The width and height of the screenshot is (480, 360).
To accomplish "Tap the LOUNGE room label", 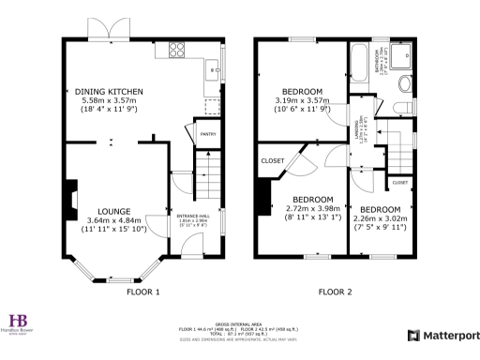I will pyautogui.click(x=112, y=211).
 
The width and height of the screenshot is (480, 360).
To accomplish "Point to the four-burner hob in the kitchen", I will pyautogui.click(x=176, y=51).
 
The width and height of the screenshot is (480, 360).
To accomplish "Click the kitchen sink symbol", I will pyautogui.click(x=214, y=67).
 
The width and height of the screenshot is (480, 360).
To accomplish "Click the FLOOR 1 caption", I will pyautogui.click(x=143, y=292).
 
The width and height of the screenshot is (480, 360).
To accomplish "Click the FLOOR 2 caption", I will pyautogui.click(x=335, y=292).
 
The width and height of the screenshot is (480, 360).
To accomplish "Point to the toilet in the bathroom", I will pyautogui.click(x=403, y=86).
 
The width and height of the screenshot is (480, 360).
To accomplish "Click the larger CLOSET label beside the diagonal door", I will pyautogui.click(x=272, y=159).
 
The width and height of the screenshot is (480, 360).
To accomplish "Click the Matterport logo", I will pyautogui.click(x=443, y=335).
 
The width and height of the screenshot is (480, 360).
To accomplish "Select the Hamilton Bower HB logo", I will pyautogui.click(x=19, y=322).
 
